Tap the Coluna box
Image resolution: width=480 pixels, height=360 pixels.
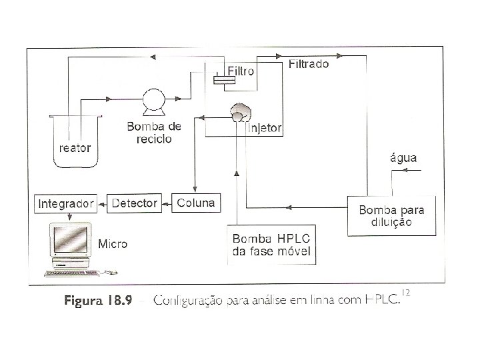click(196, 203)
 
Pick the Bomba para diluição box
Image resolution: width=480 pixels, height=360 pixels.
click(391, 216)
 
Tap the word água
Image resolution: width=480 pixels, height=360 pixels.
click(403, 158)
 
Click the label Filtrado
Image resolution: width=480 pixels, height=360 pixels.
click(308, 65)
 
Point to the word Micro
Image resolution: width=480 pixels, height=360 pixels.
click(113, 244)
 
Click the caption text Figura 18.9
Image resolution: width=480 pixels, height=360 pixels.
click(98, 301)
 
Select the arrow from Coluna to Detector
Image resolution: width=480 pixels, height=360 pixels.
click(166, 203)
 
